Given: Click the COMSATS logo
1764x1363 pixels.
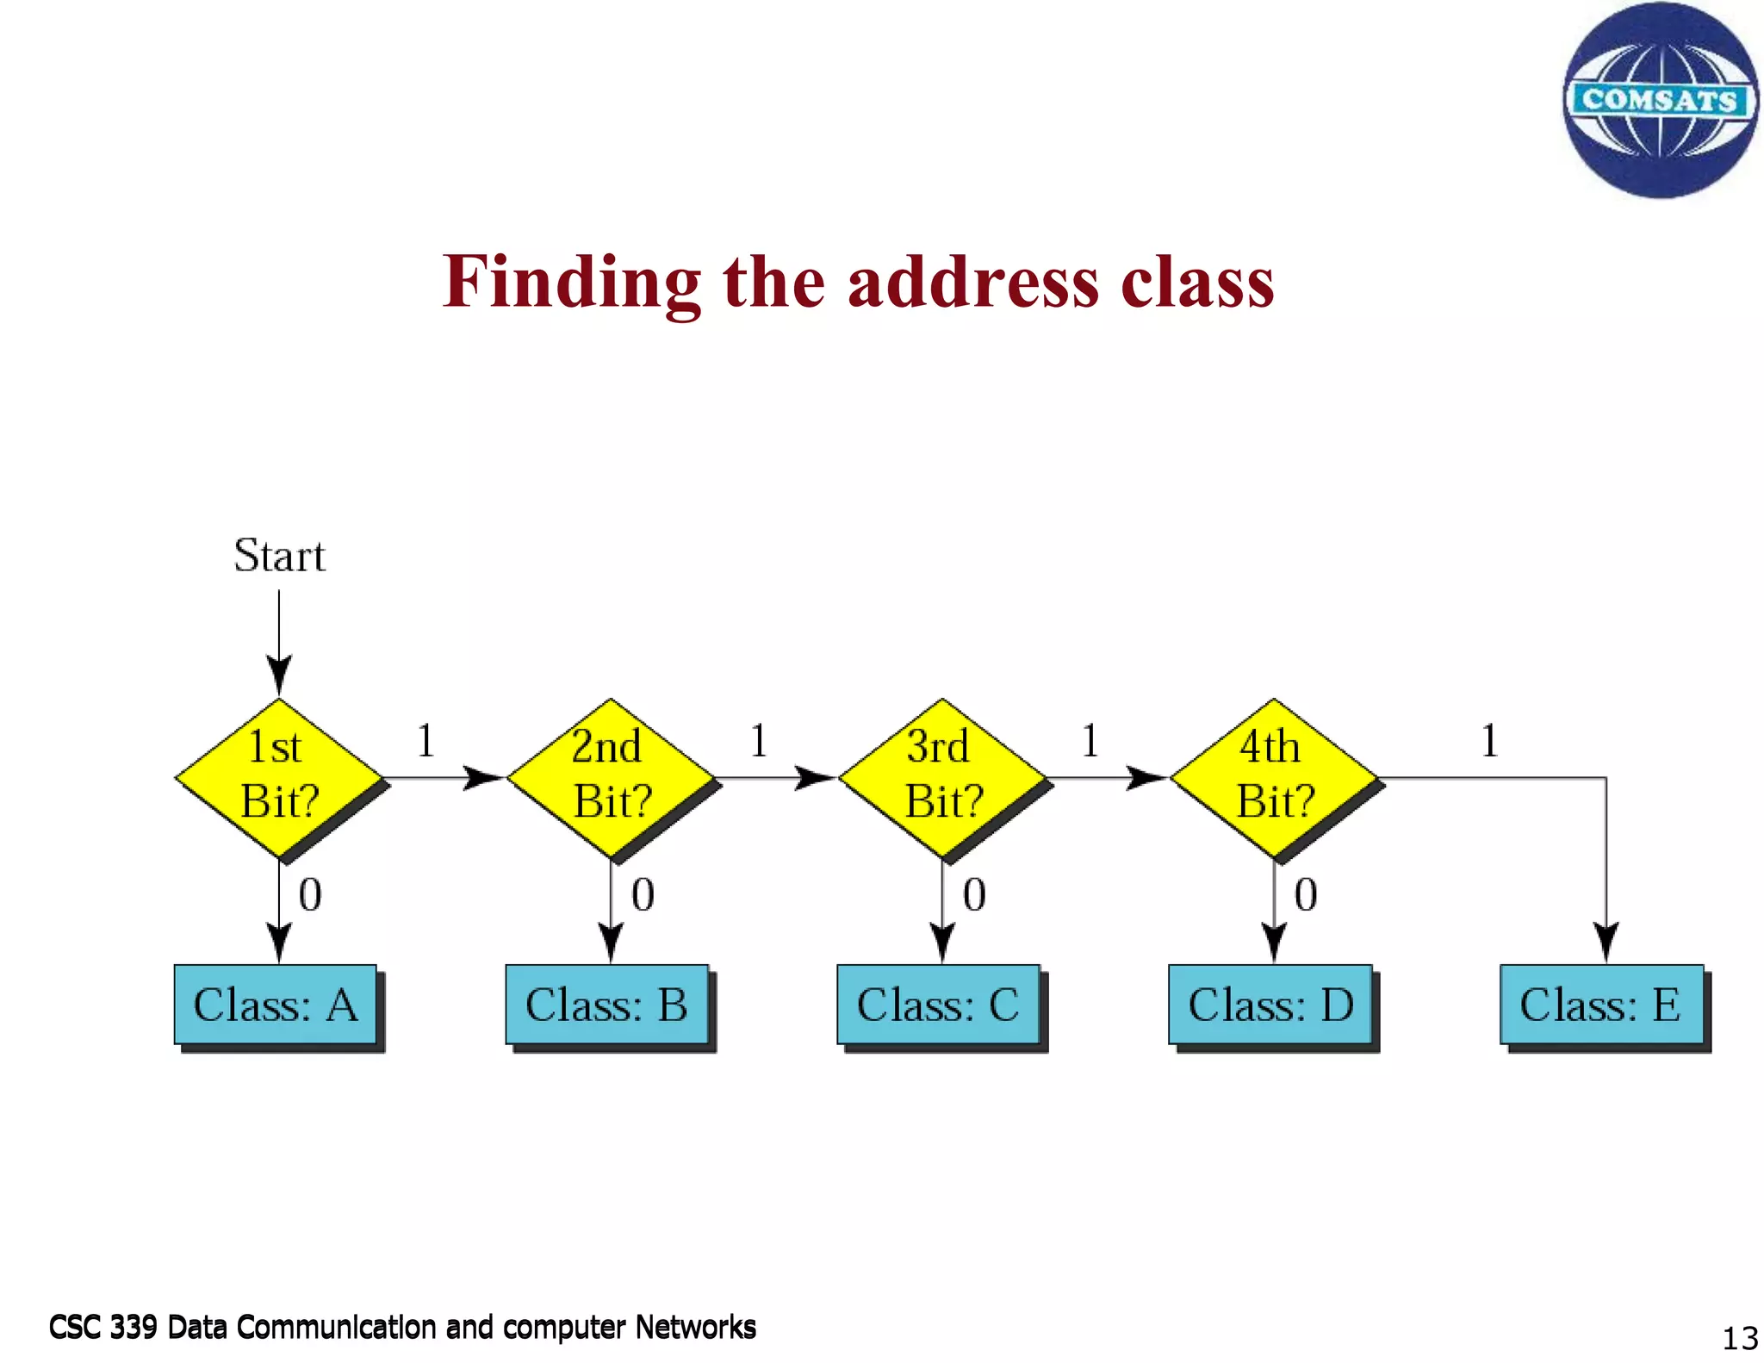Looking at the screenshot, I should coord(1660,100).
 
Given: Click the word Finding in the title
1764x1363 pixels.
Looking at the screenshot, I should coord(572,283).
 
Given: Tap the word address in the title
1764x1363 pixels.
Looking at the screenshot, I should coord(973,283).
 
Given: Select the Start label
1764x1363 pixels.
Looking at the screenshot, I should coord(279,556).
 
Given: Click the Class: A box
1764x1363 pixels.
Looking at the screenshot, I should coord(276,1005).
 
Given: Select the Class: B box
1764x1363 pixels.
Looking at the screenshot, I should coord(607,1005).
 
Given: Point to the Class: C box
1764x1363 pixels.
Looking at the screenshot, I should coord(939,1005).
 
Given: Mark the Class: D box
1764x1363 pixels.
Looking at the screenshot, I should coord(1270,1005).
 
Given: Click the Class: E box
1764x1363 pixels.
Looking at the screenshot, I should coord(1602,1005).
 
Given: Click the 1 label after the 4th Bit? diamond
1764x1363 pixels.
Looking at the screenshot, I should coord(1490,741).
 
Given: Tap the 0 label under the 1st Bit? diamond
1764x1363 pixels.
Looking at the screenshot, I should coord(310,895).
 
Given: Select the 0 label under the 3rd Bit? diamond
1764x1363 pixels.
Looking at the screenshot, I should coord(974,895).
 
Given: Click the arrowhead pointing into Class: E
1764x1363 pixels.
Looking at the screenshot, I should coord(1606,941).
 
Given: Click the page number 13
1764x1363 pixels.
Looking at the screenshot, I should coord(1739,1338).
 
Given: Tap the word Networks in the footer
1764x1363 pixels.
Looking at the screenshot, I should coord(695,1328).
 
